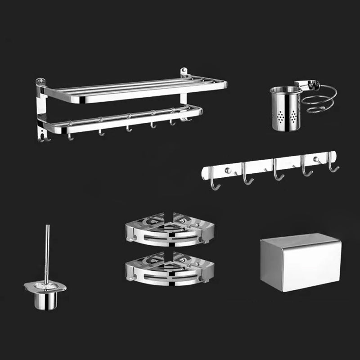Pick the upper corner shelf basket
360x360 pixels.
[170, 230]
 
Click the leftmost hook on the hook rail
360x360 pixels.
[215, 182]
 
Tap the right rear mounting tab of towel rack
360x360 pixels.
[184, 72]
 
